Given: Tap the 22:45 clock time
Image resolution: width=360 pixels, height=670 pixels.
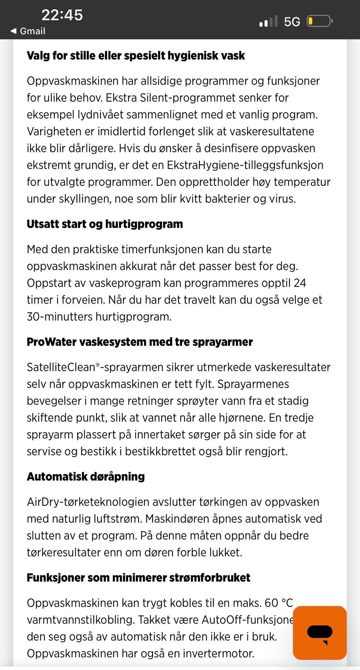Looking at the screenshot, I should click(x=62, y=15).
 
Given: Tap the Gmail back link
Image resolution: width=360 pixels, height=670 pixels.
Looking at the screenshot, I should click(x=28, y=31).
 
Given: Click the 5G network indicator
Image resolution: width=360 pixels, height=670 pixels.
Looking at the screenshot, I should click(x=292, y=22).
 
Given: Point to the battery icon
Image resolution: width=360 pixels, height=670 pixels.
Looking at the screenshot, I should click(x=319, y=21).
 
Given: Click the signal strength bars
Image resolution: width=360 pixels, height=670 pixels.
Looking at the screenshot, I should click(x=268, y=22).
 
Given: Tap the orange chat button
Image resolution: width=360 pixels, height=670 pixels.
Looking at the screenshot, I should click(x=319, y=633).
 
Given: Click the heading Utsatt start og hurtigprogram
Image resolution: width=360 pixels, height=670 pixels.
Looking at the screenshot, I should click(x=105, y=224).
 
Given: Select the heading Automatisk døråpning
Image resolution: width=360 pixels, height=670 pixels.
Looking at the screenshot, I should click(x=85, y=477).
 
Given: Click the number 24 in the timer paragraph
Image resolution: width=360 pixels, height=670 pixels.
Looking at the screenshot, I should click(x=300, y=283).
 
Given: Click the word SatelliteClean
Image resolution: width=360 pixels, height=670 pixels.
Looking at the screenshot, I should click(x=61, y=367).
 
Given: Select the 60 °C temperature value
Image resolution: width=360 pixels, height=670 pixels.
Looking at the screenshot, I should click(x=278, y=603).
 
